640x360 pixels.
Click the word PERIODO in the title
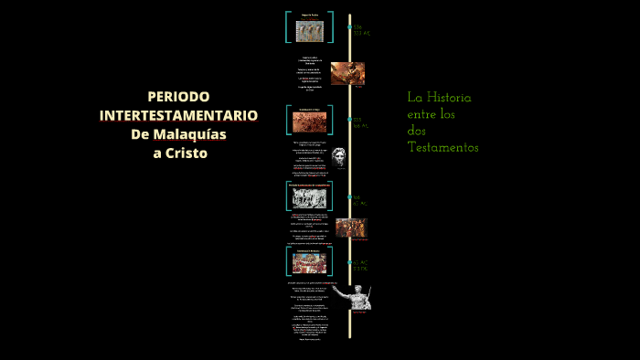[x=178, y=97]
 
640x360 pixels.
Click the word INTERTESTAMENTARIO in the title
[x=178, y=115]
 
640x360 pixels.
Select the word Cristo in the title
[x=187, y=153]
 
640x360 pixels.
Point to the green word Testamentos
[x=443, y=147]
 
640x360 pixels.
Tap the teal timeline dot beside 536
[x=349, y=27]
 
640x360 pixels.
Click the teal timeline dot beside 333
[x=349, y=120]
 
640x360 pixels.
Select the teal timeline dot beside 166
[x=349, y=196]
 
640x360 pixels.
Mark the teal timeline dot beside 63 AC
[x=349, y=262]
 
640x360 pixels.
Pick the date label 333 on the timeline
[x=359, y=120]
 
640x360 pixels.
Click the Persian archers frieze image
[x=309, y=28]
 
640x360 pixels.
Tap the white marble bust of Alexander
[x=339, y=157]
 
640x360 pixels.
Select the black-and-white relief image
[x=309, y=197]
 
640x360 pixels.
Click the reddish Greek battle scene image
[x=309, y=121]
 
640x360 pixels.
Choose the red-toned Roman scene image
[x=309, y=262]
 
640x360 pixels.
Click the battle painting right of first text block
[x=347, y=73]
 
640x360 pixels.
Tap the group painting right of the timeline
[x=351, y=228]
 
